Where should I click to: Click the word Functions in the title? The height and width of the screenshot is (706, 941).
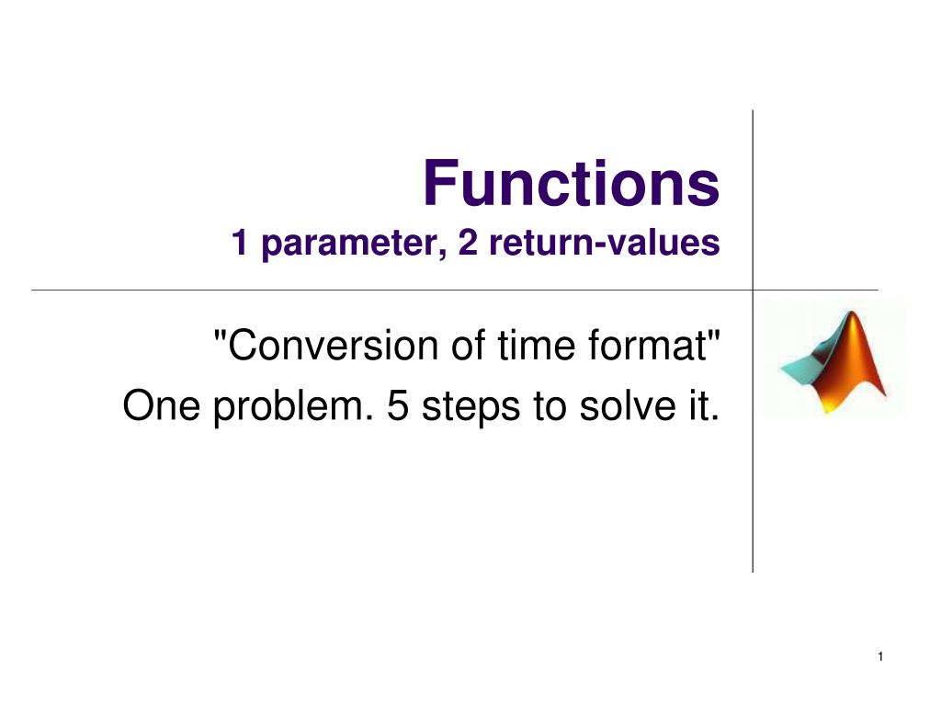pyautogui.click(x=571, y=183)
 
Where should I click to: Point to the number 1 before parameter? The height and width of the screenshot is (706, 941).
pyautogui.click(x=242, y=245)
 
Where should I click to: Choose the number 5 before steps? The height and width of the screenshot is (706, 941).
pyautogui.click(x=399, y=405)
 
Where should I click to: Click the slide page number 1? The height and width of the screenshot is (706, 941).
pyautogui.click(x=879, y=655)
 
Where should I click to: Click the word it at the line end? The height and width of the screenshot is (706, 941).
pyautogui.click(x=703, y=405)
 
